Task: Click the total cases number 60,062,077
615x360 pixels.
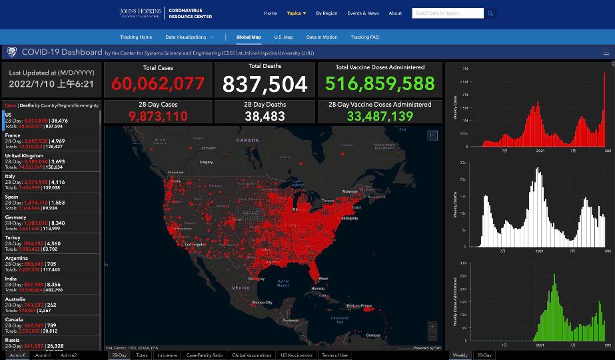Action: [x=158, y=84]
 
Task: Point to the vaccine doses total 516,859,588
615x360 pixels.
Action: [x=380, y=84]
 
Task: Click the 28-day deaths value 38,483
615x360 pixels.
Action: [x=265, y=116]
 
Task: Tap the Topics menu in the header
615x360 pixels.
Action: [x=296, y=13]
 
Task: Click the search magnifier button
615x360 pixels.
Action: [x=490, y=13]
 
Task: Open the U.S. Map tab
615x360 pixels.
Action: [x=283, y=37]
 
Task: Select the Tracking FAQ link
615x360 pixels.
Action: [x=364, y=37]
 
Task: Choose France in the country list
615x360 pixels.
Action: [x=13, y=135]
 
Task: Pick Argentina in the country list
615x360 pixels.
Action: [x=16, y=258]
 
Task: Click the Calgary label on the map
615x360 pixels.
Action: [x=206, y=162]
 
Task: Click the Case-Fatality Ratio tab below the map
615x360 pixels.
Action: [x=204, y=355]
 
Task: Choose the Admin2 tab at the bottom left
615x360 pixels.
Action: [x=68, y=355]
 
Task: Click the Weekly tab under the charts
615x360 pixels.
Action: [x=460, y=355]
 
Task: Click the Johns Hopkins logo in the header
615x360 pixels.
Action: [x=140, y=13]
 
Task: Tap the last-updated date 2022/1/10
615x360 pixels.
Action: [x=51, y=85]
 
